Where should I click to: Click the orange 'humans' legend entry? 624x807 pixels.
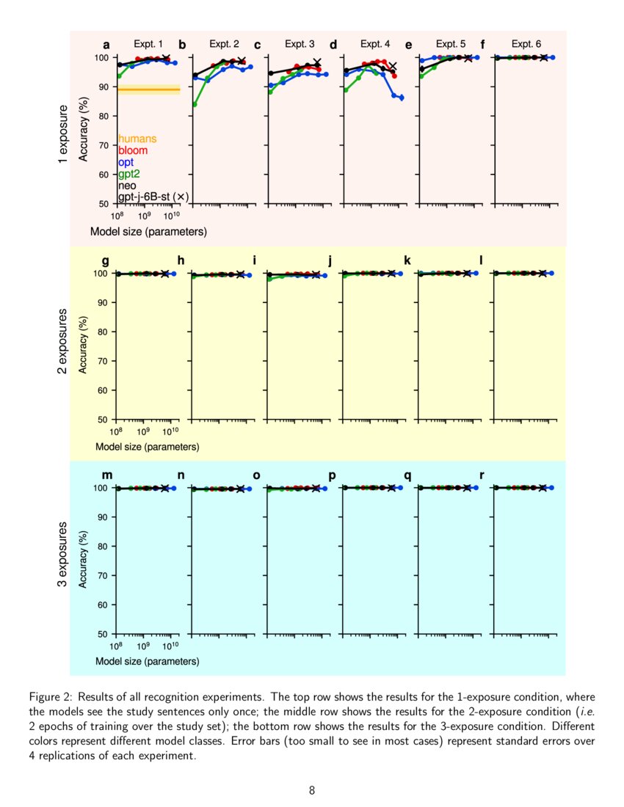[x=137, y=138]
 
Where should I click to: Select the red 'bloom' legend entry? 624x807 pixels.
[x=133, y=150]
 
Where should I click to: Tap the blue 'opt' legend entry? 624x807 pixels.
[x=126, y=162]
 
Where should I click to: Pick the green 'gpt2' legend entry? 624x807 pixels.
[x=129, y=174]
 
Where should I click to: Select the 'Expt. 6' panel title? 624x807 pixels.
[x=526, y=44]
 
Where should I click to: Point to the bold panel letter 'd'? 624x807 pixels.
[x=333, y=45]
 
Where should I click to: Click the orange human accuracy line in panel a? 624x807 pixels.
[x=148, y=90]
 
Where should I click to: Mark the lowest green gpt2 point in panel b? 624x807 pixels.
[x=195, y=104]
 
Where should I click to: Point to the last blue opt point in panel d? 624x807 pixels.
[x=402, y=98]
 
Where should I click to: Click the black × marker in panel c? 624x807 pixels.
[x=317, y=62]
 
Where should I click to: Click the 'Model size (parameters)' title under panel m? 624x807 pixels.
[x=147, y=661]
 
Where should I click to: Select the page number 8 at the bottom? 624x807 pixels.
[x=312, y=790]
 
